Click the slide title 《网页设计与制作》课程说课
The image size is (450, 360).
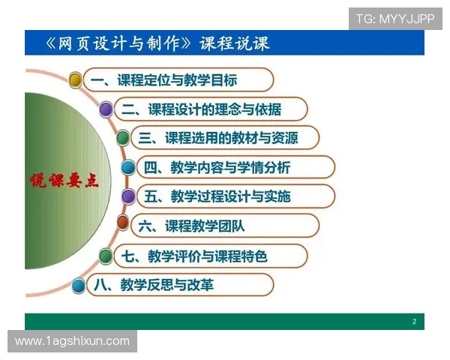(157, 43)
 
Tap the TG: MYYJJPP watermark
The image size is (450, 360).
(395, 19)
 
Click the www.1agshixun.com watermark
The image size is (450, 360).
(72, 341)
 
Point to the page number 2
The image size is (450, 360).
(414, 322)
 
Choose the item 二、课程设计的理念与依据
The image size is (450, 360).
(202, 109)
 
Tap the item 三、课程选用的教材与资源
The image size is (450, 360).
(224, 138)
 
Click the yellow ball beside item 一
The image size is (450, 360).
(75, 79)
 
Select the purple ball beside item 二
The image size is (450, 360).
(106, 109)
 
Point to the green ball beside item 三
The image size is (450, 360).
(123, 138)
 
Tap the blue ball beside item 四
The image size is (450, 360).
(128, 167)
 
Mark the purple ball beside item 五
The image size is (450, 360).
(128, 196)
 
